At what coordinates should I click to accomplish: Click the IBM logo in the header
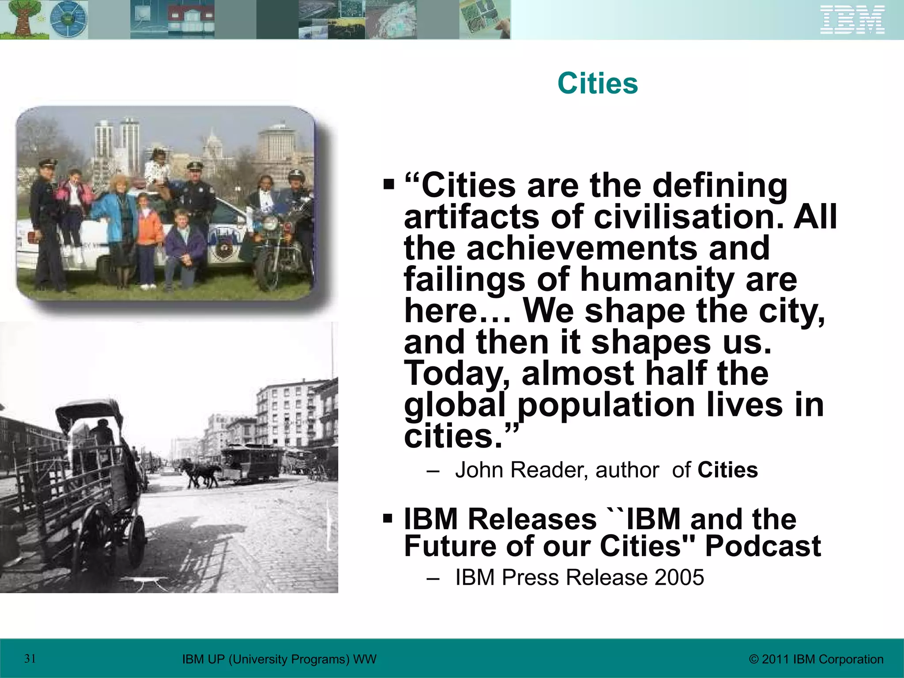[852, 20]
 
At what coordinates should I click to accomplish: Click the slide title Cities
[598, 83]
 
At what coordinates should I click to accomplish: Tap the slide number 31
[30, 659]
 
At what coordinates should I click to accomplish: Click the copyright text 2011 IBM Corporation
[817, 659]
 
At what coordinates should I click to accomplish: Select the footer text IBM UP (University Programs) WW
[279, 659]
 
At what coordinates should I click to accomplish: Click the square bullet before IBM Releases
[388, 517]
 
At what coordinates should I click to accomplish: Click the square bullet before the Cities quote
[388, 184]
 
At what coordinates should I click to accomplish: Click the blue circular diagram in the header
[68, 20]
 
